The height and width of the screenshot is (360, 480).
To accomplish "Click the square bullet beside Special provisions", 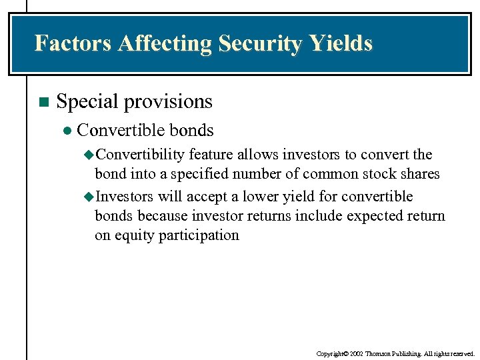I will pyautogui.click(x=43, y=102).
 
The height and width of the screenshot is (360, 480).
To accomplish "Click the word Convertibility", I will pyautogui.click(x=140, y=155).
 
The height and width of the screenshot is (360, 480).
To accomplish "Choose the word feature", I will pyautogui.click(x=210, y=155).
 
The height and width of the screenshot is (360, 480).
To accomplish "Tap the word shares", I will pyautogui.click(x=420, y=174).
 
